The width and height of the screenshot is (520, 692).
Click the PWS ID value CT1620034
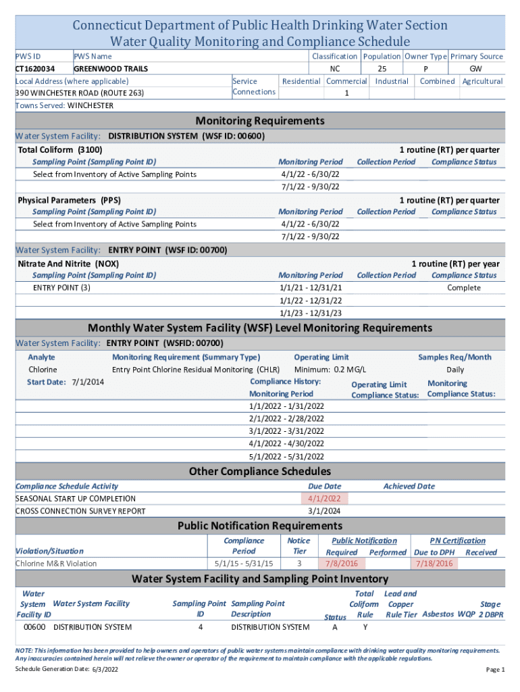pos(35,69)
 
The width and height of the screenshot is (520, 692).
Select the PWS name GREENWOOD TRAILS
pos(111,69)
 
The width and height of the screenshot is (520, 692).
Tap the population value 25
pos(382,69)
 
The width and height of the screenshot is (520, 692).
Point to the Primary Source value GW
pos(475,69)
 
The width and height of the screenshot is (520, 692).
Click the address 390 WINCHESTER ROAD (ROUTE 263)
pos(80,93)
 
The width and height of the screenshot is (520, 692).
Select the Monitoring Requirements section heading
pos(260,121)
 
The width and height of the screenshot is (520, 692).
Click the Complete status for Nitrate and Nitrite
pos(464,288)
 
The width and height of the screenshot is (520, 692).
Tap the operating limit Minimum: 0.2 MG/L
pos(330,370)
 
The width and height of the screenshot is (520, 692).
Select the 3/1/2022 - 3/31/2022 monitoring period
pos(286,431)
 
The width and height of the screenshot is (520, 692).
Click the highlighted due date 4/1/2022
pos(324,499)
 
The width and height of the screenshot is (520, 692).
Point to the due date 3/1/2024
pos(324,511)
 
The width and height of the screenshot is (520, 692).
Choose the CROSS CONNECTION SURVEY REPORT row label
pos(80,511)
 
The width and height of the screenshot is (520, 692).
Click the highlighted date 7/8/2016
pos(342,564)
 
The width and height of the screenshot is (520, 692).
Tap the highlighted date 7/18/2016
pos(434,564)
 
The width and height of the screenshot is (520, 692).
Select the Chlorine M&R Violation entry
pos(56,564)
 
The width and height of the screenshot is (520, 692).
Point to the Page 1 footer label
pos(495,670)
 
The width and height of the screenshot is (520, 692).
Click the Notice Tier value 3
pos(299,564)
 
